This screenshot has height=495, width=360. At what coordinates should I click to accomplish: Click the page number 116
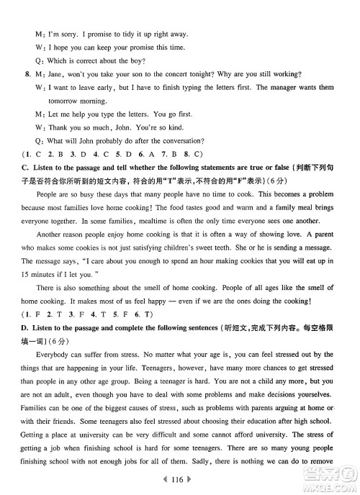[x=181, y=478]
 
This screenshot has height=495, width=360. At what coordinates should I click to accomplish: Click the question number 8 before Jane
[x=27, y=74]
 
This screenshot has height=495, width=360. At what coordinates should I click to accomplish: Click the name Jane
[x=55, y=74]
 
